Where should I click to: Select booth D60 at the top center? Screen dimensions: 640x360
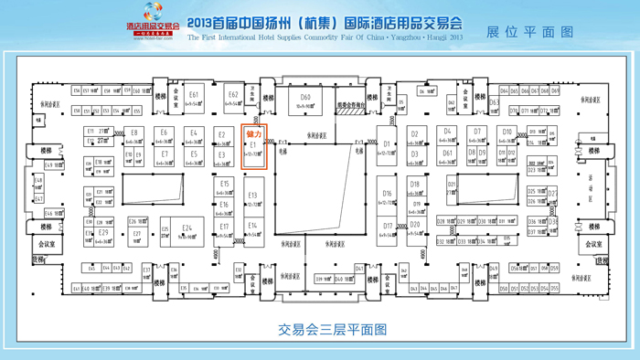tap(305, 101)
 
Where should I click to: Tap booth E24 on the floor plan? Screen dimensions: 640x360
tap(187, 231)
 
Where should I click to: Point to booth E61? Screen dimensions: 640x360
tap(194, 99)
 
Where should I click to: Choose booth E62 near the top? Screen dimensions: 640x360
tap(233, 98)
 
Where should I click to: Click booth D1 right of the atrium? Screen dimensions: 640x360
tap(387, 147)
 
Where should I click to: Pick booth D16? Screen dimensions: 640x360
tap(387, 196)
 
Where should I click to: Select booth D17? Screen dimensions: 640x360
tap(388, 228)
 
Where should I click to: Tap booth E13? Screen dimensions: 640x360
tap(252, 198)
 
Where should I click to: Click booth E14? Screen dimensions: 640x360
tap(252, 228)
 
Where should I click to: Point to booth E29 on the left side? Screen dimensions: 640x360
tap(103, 235)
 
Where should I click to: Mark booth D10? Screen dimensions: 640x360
tap(507, 135)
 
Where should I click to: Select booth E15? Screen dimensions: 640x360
tap(224, 186)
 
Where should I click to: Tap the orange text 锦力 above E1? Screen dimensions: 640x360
tap(253, 133)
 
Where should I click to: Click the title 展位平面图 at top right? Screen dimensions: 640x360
tap(530, 32)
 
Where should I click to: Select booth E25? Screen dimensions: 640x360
tap(165, 231)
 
